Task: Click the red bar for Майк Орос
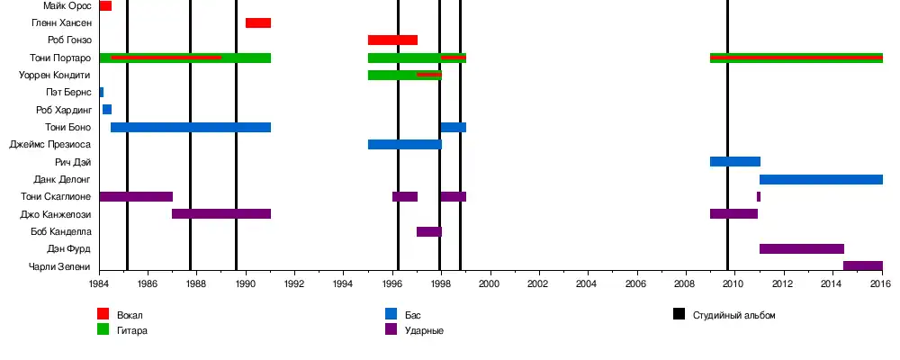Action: coord(105,6)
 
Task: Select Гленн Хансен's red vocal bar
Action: coord(258,23)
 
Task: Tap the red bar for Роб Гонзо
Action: coord(392,40)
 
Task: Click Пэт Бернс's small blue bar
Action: coord(102,93)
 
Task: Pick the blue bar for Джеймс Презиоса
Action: coord(405,145)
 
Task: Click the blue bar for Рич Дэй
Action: coord(735,162)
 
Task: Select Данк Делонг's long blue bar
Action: coord(821,180)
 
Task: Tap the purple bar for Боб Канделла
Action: coord(429,232)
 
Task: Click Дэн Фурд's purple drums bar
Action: coord(802,249)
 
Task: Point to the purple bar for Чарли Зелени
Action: coord(863,266)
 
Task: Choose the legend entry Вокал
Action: coord(130,315)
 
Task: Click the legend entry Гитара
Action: coord(132,330)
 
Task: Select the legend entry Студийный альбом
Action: coord(733,315)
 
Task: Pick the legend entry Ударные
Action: coord(424,330)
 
